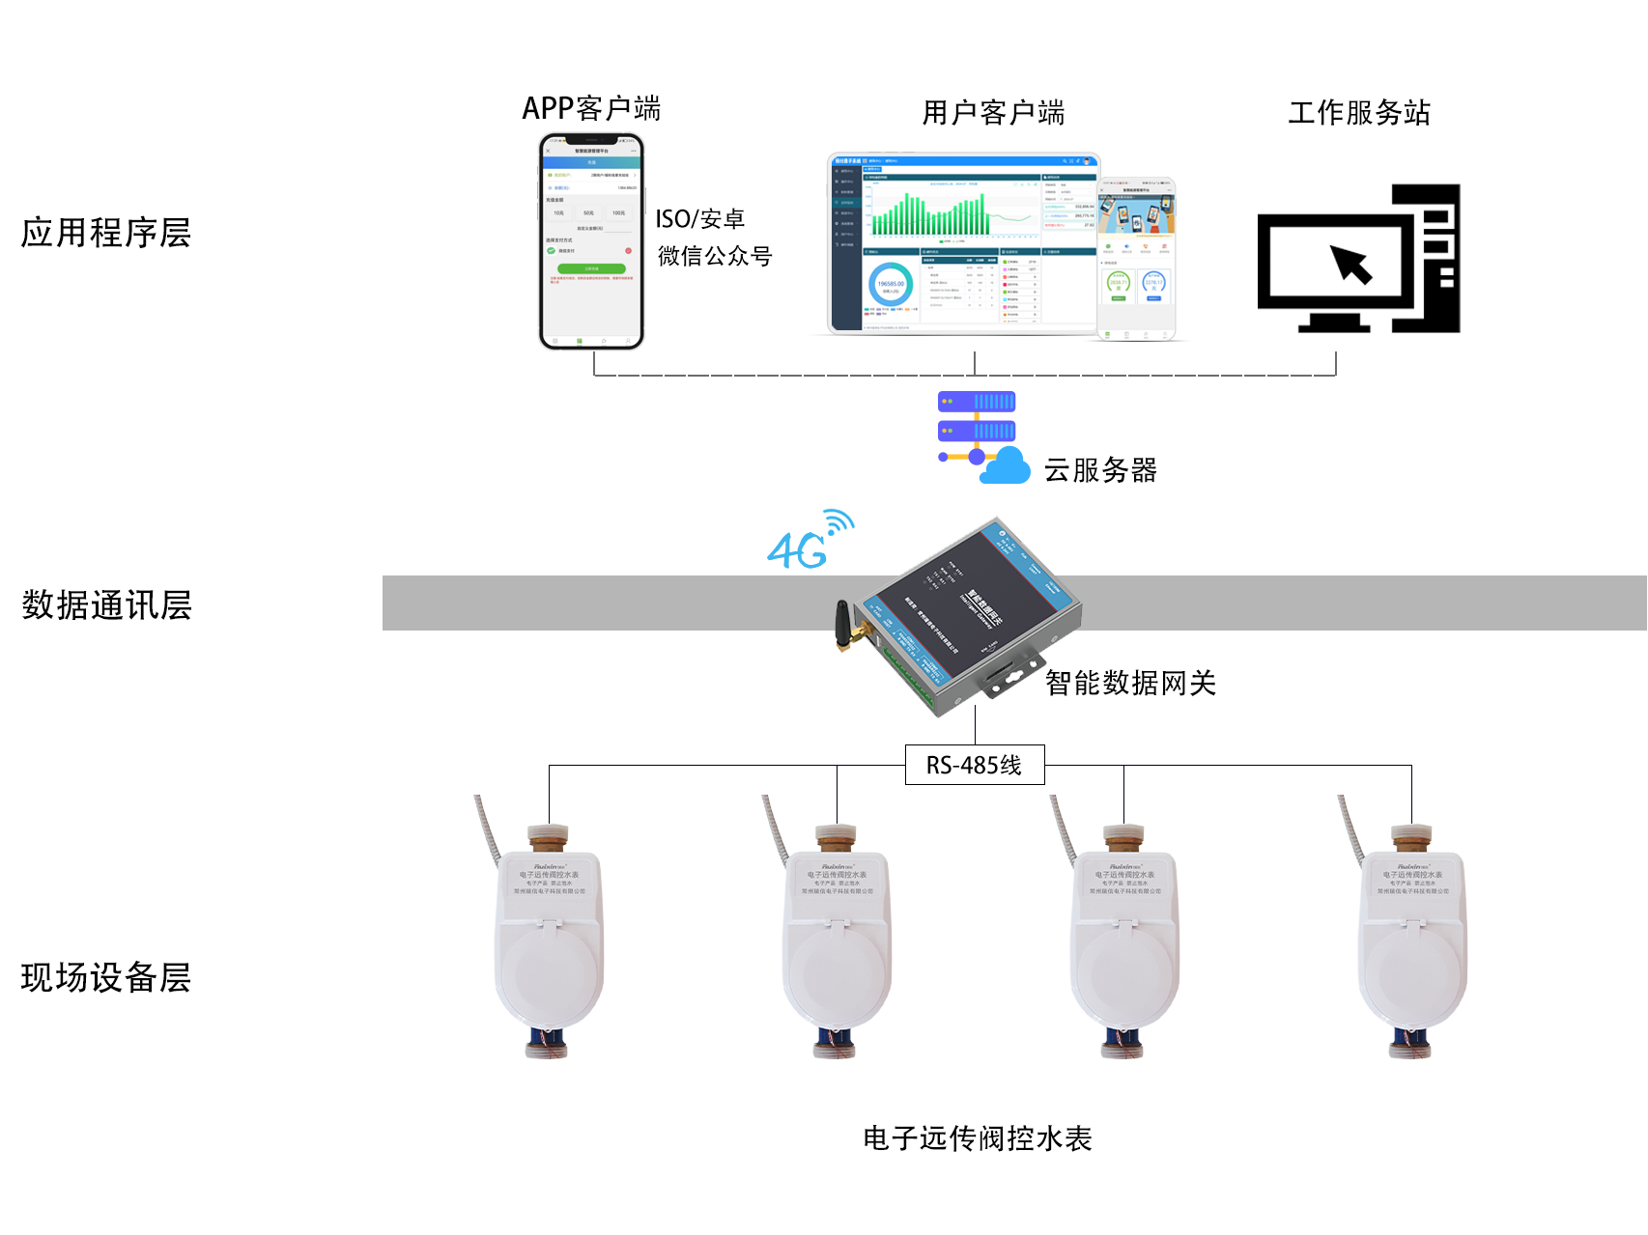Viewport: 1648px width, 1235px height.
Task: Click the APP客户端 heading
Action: tap(591, 108)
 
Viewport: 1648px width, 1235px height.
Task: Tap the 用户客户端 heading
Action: tap(993, 113)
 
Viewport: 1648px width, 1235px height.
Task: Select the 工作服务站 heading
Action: tap(1358, 113)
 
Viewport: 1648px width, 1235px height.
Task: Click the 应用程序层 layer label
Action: tap(106, 233)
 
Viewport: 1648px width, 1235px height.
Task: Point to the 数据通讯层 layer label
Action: tap(106, 605)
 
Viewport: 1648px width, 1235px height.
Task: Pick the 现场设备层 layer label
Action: tap(106, 977)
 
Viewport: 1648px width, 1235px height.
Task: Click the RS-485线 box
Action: tap(974, 765)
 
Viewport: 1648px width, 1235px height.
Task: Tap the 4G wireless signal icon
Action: tap(810, 540)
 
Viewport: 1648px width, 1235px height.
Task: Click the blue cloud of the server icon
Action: tap(1006, 467)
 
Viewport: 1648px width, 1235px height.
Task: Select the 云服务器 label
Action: tap(1100, 470)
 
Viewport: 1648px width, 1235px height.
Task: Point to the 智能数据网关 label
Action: tap(1130, 684)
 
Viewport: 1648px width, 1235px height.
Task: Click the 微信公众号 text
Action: tap(715, 256)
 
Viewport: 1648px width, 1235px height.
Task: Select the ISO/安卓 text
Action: tap(699, 219)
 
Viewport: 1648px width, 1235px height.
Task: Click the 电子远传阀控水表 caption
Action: tap(977, 1138)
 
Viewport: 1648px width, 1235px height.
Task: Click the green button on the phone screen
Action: tap(591, 268)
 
